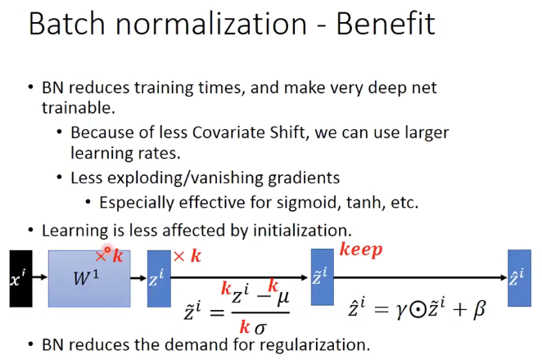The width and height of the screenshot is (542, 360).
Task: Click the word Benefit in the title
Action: (x=387, y=24)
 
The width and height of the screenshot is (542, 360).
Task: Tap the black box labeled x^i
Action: (x=21, y=277)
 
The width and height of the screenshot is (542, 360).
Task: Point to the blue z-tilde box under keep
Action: (x=322, y=277)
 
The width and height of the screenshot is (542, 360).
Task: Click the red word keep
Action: (x=361, y=250)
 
